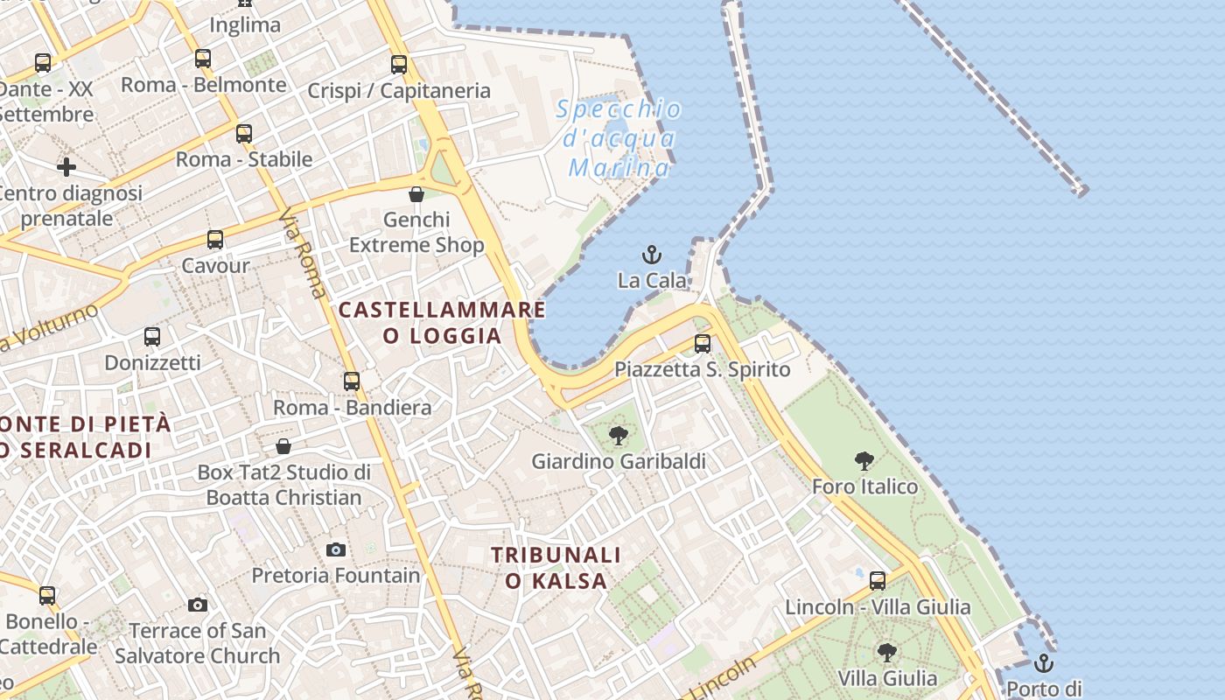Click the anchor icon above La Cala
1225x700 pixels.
[x=652, y=255]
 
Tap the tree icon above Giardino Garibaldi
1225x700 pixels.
[x=619, y=435]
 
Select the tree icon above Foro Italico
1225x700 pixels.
[x=864, y=460]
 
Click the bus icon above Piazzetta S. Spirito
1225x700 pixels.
[x=703, y=343]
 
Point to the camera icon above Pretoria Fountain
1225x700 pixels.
[x=336, y=549]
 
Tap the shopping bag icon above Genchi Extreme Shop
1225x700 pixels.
[x=416, y=193]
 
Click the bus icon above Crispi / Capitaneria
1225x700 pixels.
[x=399, y=64]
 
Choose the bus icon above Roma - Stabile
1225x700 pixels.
[x=244, y=133]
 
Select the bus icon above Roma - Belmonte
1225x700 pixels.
[x=203, y=59]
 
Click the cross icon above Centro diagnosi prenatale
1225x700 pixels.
[x=66, y=166]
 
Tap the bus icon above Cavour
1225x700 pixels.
[x=215, y=239]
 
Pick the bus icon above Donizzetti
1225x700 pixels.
[x=152, y=336]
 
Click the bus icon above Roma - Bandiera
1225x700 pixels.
[x=352, y=381]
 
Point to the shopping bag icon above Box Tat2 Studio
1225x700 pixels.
[x=283, y=446]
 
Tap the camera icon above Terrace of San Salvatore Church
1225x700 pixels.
[x=198, y=605]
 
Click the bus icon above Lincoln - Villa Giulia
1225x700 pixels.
[x=878, y=580]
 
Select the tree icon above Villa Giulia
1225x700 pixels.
[x=887, y=652]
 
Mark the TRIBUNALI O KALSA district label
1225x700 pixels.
[x=556, y=568]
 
